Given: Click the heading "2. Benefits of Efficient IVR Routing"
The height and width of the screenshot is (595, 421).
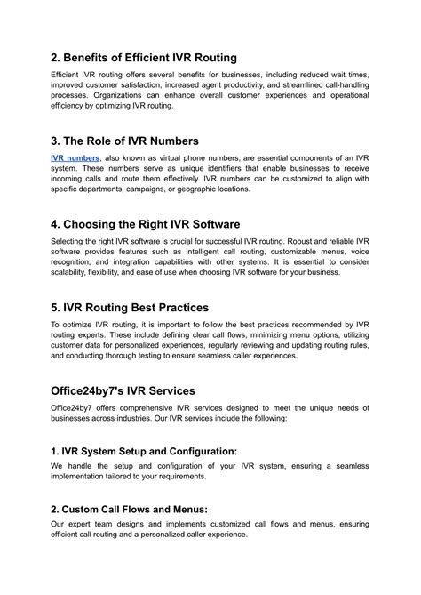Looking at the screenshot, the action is click(143, 58).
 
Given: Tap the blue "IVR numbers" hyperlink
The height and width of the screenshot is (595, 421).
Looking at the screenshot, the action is click(75, 157).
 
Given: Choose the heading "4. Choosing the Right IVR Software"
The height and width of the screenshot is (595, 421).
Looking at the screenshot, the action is click(146, 224).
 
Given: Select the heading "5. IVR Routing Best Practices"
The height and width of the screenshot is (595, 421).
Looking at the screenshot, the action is click(130, 309).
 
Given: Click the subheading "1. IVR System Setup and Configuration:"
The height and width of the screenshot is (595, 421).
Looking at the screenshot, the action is click(144, 451).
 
